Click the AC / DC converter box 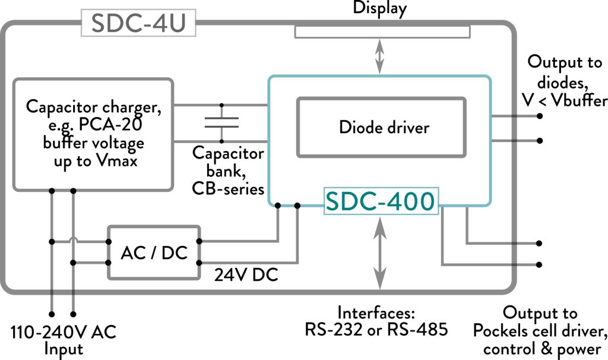click(x=153, y=252)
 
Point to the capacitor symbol click(x=221, y=123)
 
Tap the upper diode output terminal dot click(x=539, y=116)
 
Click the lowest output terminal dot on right click(x=539, y=264)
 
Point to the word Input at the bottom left click(x=64, y=349)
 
